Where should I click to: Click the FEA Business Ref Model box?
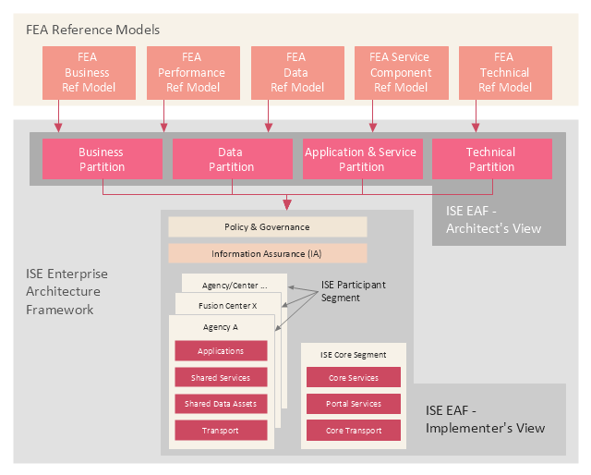pyautogui.click(x=88, y=72)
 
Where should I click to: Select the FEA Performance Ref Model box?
pyautogui.click(x=191, y=72)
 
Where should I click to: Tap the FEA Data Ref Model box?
pyautogui.click(x=296, y=72)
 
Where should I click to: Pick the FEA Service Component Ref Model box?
pyautogui.click(x=400, y=72)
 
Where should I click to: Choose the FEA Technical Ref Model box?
pyautogui.click(x=504, y=72)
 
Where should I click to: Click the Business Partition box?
pyautogui.click(x=102, y=159)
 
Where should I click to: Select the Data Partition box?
pyautogui.click(x=231, y=159)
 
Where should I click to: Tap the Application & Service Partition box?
pyautogui.click(x=361, y=159)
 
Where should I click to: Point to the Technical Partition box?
pyautogui.click(x=491, y=159)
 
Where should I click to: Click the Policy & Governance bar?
pyautogui.click(x=267, y=227)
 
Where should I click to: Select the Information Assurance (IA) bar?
pyautogui.click(x=267, y=253)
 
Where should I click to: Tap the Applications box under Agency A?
pyautogui.click(x=221, y=351)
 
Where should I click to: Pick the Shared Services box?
pyautogui.click(x=221, y=378)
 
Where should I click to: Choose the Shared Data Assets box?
pyautogui.click(x=221, y=404)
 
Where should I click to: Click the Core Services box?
pyautogui.click(x=354, y=378)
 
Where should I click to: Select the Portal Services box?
pyautogui.click(x=354, y=404)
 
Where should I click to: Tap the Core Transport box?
pyautogui.click(x=354, y=431)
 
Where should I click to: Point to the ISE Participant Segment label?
pyautogui.click(x=353, y=290)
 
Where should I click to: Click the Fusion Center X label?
pyautogui.click(x=227, y=305)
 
